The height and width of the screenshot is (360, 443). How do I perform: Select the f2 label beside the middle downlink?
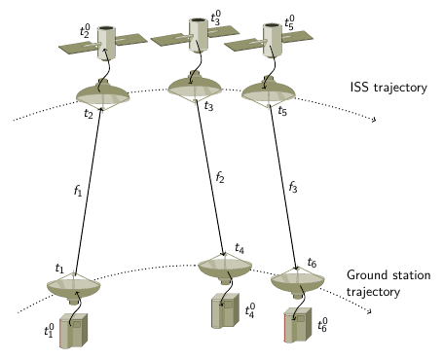pos(220,176)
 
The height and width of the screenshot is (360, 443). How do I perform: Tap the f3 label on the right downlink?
pos(293,186)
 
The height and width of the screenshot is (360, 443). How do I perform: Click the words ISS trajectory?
pos(388,88)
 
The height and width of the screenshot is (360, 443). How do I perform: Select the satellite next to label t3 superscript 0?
pos(196,35)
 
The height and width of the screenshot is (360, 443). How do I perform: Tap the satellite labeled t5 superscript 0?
pos(269,40)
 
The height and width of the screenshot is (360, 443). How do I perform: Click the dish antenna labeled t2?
pos(102,94)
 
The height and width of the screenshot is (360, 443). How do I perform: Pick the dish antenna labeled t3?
pos(195,87)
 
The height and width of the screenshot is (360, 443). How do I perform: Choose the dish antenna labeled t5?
pos(269,91)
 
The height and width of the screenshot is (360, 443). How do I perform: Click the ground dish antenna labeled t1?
pos(74,287)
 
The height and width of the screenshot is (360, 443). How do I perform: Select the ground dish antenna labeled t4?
pos(225,269)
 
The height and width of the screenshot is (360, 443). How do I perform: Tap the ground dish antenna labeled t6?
pos(298,282)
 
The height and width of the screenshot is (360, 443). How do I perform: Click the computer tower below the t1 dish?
pos(74,331)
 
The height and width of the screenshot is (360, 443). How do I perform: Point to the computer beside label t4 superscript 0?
pos(225,310)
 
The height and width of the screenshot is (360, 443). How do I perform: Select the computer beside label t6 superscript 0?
pos(298,325)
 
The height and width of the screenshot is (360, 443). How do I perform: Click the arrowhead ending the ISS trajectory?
pos(374,120)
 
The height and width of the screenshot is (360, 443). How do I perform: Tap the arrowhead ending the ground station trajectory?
pos(369,311)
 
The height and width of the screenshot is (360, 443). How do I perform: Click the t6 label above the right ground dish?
pos(312,263)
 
